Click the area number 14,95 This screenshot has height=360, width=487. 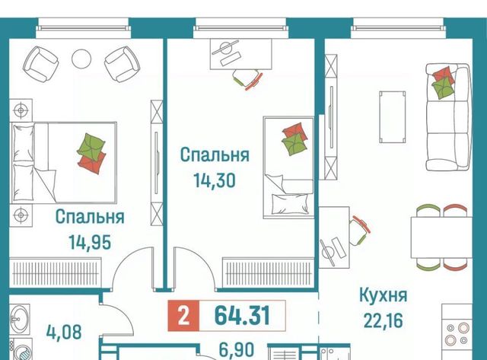tap(90, 242)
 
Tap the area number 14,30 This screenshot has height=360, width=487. tap(215, 180)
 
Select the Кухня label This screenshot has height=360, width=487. tap(383, 295)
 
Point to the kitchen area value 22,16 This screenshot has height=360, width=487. tap(383, 320)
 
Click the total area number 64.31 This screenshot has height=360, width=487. tap(242, 316)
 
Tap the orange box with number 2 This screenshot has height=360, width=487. tap(183, 316)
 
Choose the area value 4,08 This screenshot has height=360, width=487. tap(64, 332)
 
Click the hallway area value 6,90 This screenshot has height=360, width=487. tap(237, 350)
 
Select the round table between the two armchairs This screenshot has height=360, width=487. tap(81, 59)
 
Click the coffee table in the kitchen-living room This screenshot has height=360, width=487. tap(393, 116)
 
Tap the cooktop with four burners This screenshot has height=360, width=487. tap(457, 334)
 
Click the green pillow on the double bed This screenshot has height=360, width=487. tap(91, 145)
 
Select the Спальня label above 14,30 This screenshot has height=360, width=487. tap(215, 155)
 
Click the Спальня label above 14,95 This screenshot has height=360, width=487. tap(90, 217)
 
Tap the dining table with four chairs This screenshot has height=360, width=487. tap(441, 237)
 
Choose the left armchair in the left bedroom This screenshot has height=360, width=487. tap(41, 64)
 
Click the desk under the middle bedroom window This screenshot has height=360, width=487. tap(240, 54)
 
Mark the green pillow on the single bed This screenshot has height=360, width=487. tap(294, 144)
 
